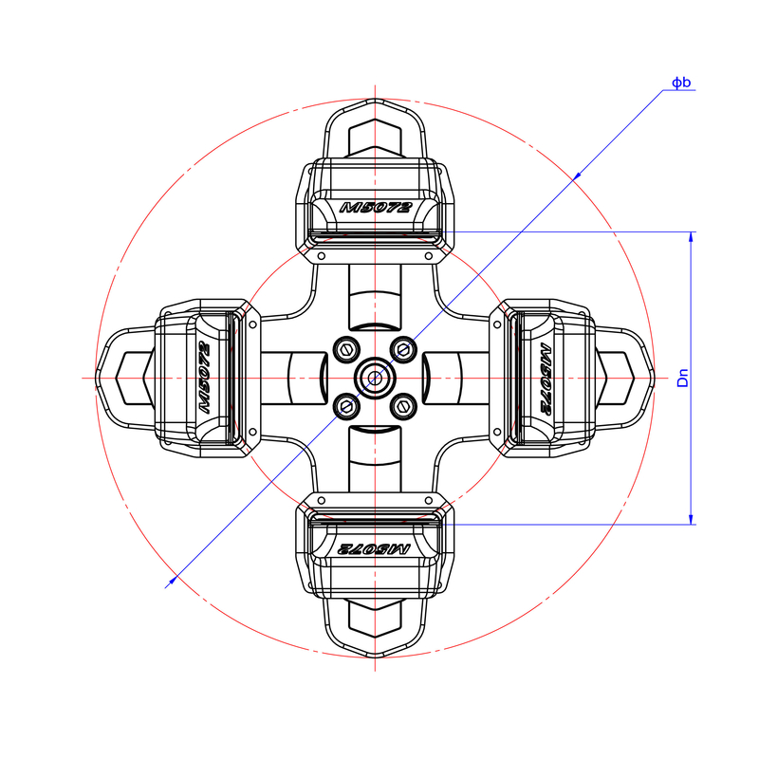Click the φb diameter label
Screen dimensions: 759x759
pos(681,83)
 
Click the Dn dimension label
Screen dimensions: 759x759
pos(682,378)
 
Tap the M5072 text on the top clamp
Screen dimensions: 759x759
pos(375,208)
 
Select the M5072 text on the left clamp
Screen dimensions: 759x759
pos(205,378)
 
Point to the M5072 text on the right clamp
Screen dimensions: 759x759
pos(545,379)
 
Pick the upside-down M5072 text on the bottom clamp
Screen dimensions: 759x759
pos(374,549)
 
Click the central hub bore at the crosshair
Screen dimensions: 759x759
pos(375,378)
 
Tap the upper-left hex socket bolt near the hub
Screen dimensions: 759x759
pos(346,349)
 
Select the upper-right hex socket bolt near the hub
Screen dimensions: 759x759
pos(403,349)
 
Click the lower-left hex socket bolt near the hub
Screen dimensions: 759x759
pos(346,407)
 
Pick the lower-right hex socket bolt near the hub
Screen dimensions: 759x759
pos(403,407)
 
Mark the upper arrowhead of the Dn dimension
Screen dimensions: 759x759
pos(691,236)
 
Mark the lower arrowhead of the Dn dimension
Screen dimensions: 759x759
pos(691,519)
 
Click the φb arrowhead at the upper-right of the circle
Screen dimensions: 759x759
pos(577,176)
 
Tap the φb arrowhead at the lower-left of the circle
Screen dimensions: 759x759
pos(174,580)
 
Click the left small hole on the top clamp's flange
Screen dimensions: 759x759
pos(321,256)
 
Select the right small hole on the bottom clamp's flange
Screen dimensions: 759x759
pos(429,500)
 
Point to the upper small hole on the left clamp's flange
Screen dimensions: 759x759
pos(252,324)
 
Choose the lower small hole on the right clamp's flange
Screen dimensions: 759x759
pos(497,432)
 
